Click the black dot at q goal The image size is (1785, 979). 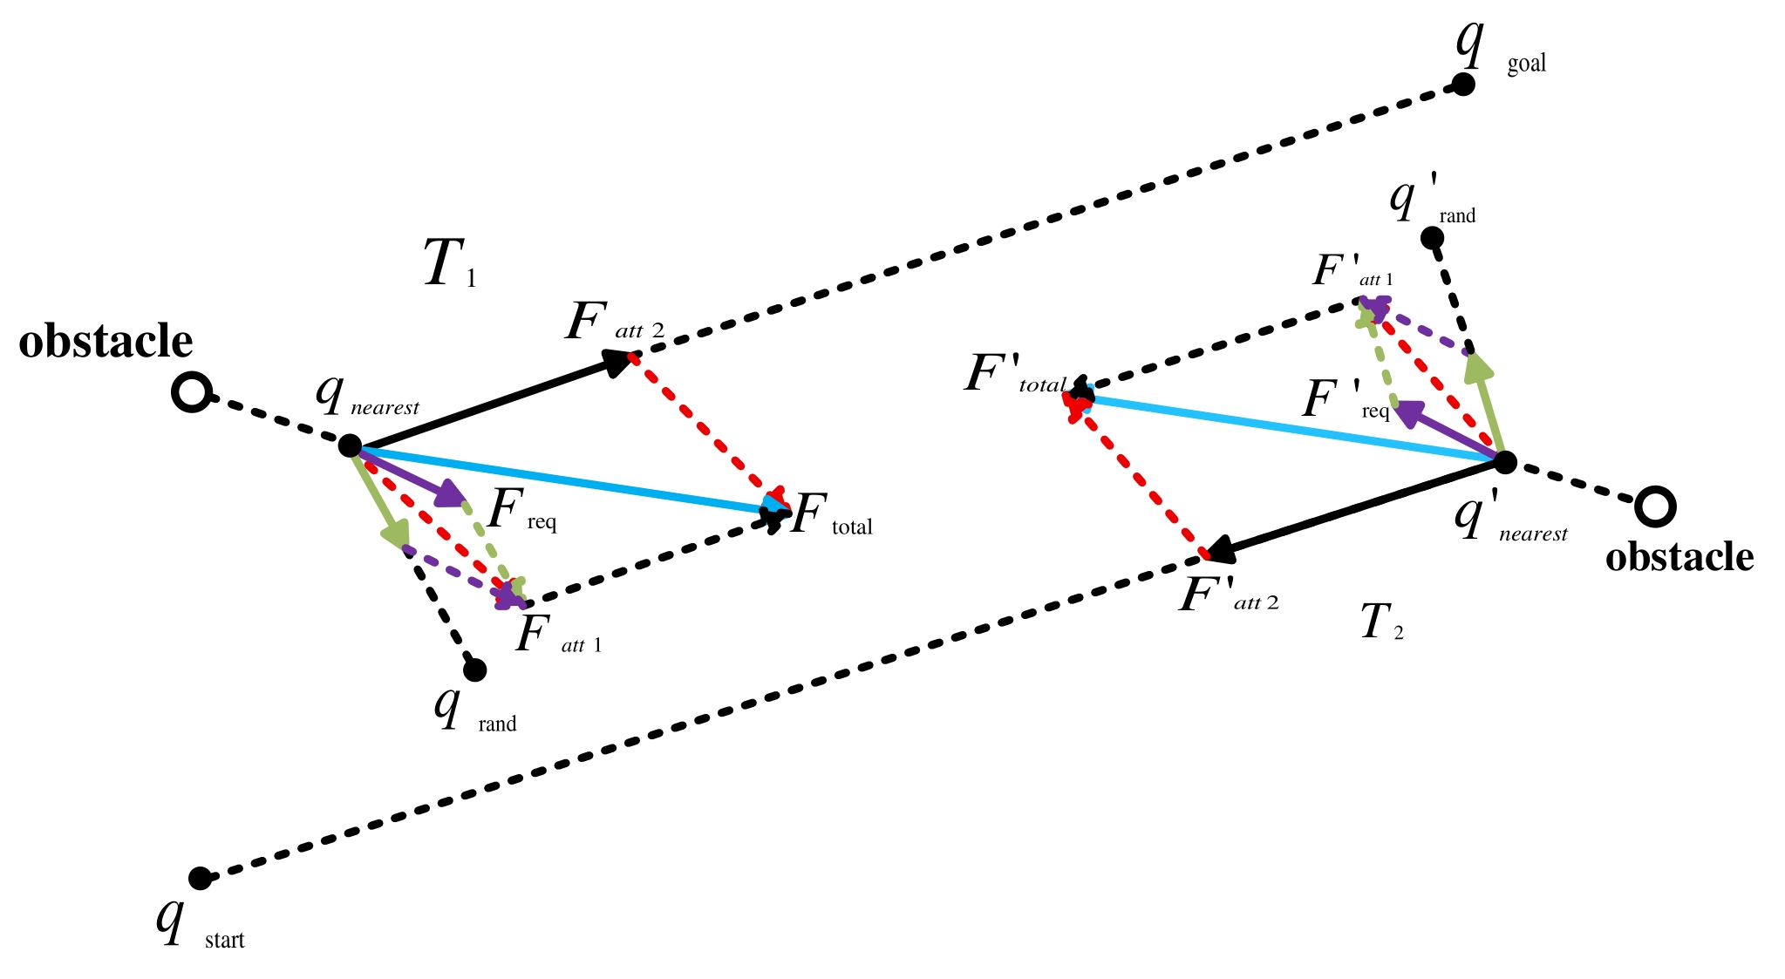coord(1462,85)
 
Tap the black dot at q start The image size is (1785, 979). coord(200,878)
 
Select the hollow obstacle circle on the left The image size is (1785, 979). coord(190,392)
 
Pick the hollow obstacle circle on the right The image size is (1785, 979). coord(1654,506)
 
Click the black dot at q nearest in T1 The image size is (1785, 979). coord(350,445)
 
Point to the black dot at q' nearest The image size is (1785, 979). coord(1505,461)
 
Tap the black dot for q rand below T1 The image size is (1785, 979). coord(474,670)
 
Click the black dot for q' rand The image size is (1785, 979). coord(1432,237)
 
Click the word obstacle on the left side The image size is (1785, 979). coord(106,342)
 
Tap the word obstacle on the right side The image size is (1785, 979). coord(1679,557)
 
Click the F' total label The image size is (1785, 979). coord(1016,377)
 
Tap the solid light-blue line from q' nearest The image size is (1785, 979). coord(1291,429)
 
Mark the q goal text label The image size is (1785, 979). coord(1500,52)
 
